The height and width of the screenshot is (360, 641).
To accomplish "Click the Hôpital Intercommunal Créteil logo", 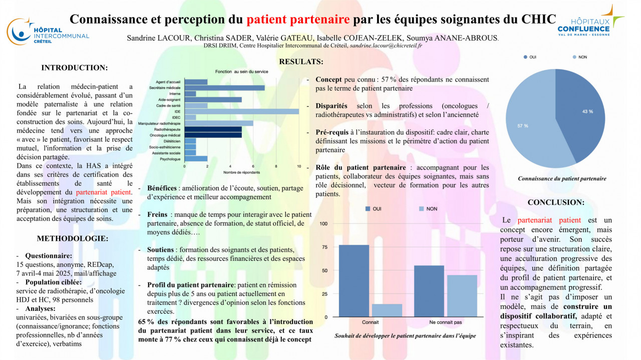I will coord(48,31).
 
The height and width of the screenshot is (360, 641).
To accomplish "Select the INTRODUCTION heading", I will coord(74,68).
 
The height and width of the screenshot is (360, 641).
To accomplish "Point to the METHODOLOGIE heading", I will coord(73,238).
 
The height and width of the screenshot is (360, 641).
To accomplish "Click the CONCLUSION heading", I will coord(556,202).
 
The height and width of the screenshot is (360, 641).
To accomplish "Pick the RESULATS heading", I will coord(301,62).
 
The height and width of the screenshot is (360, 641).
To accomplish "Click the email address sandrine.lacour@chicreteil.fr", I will coord(386,46).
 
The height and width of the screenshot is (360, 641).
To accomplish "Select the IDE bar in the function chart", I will coord(242,111).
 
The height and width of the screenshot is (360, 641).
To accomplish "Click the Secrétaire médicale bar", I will coord(224,88).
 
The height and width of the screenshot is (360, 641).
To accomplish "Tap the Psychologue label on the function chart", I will coord(171,159).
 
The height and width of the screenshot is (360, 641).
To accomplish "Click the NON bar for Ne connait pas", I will coord(462,296).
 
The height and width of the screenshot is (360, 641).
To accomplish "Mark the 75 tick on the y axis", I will coord(324,247).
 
